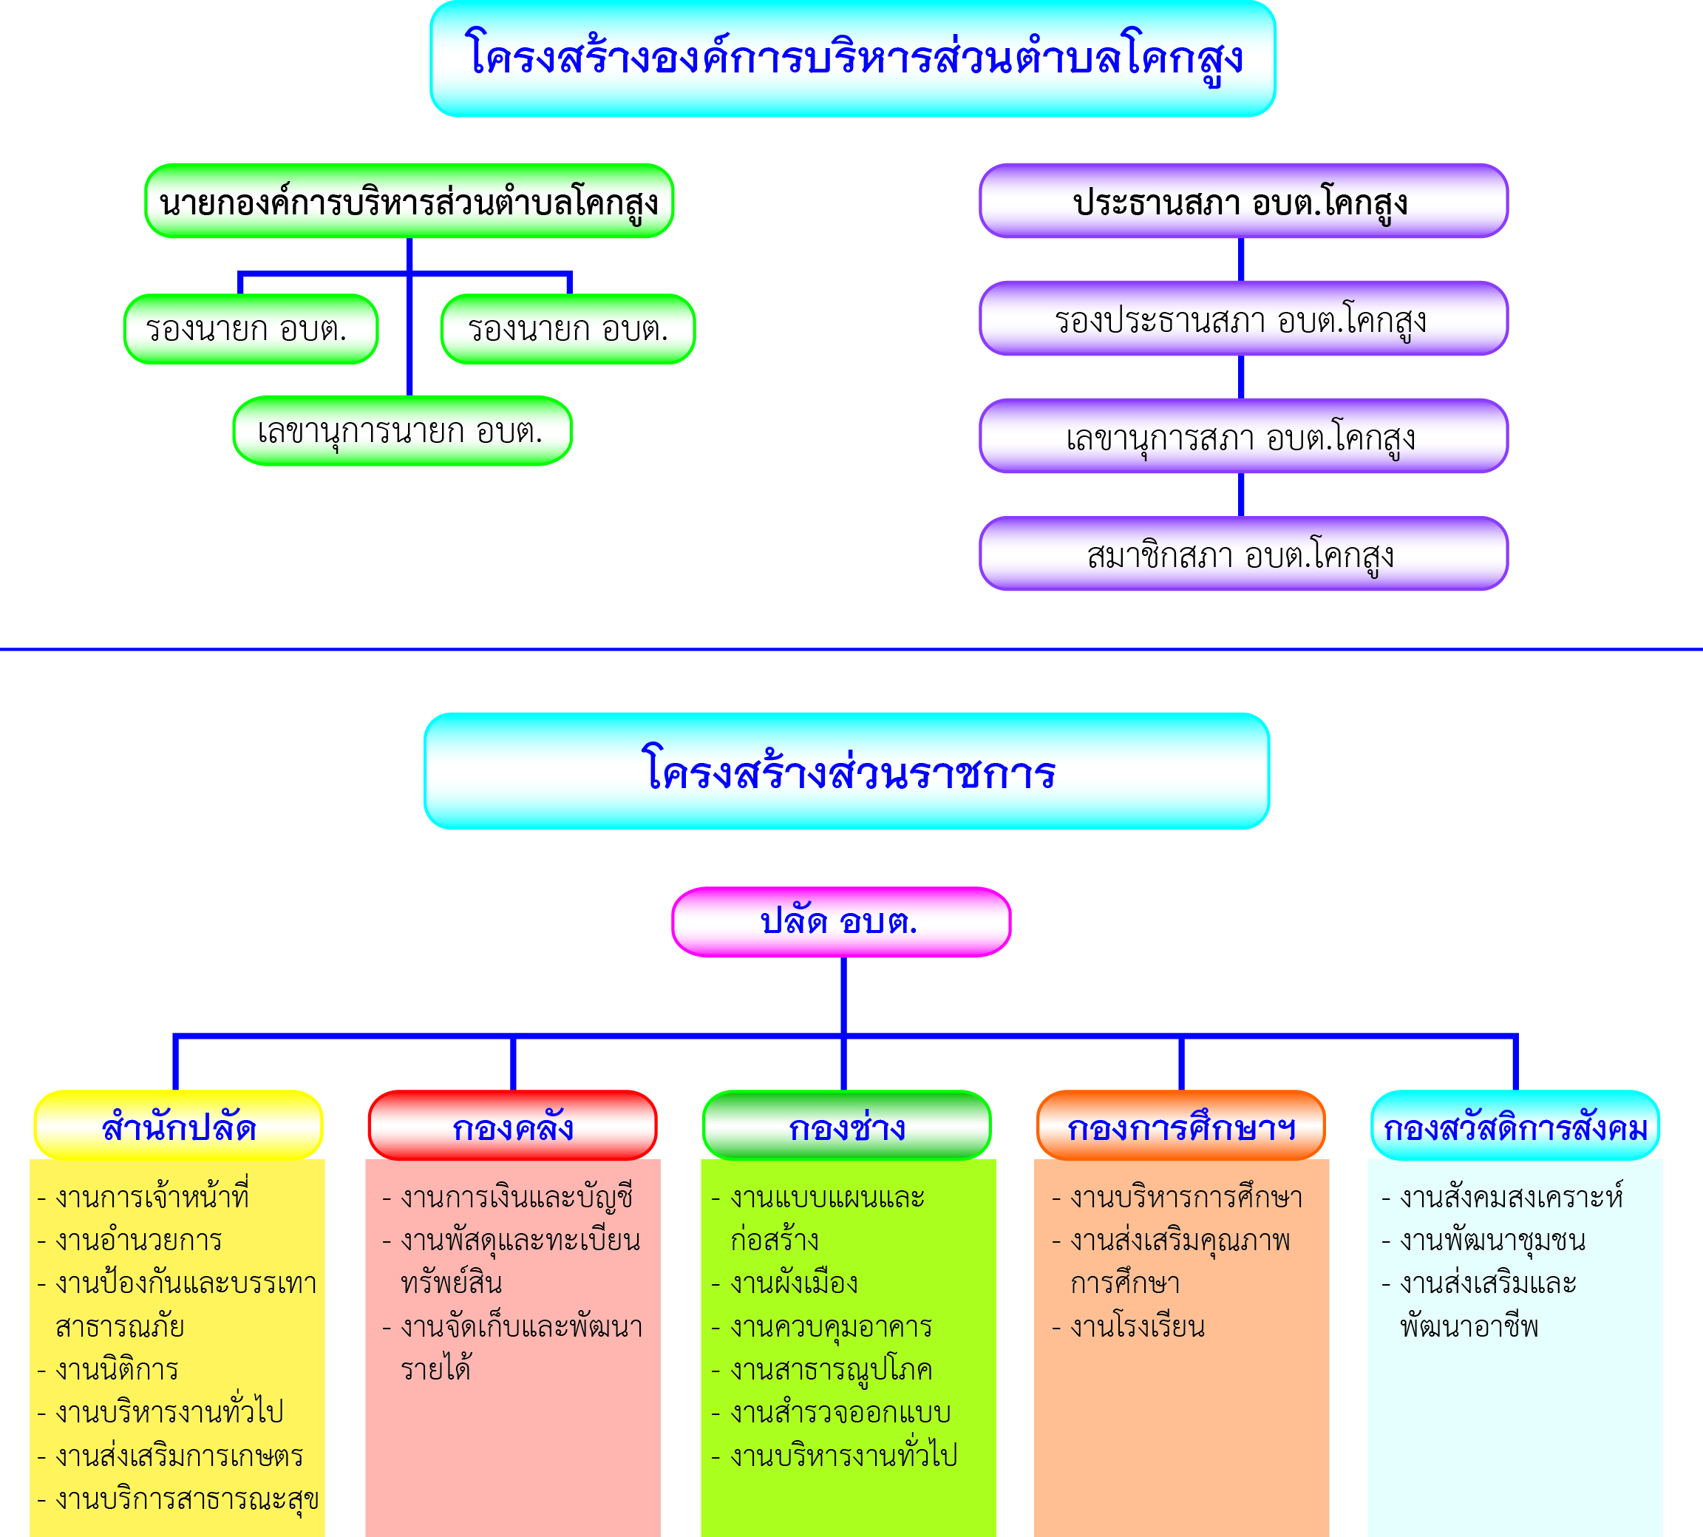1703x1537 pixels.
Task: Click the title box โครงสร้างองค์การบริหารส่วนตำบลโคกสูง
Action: point(853,58)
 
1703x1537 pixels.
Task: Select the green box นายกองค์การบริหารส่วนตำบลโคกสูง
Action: point(409,201)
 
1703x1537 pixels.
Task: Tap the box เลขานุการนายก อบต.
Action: point(403,431)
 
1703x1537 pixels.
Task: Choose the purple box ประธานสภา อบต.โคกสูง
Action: point(1244,201)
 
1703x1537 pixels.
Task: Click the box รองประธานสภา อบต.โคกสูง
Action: point(1244,319)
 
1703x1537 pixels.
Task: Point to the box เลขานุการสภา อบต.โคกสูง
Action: point(1244,435)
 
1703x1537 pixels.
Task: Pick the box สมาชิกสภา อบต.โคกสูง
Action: point(1244,553)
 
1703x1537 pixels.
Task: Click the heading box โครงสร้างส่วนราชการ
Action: point(847,771)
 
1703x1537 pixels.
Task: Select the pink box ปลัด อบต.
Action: point(842,922)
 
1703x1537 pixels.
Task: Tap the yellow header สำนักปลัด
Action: point(178,1126)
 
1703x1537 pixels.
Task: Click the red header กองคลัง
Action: point(512,1126)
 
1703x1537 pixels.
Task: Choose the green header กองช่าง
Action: point(847,1126)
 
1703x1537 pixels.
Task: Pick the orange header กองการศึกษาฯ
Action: point(1181,1126)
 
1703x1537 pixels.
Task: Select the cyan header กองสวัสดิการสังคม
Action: point(1515,1126)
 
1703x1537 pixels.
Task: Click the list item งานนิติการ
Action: point(108,1369)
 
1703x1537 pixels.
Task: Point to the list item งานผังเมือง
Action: point(785,1283)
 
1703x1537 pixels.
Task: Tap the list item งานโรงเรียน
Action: point(1128,1326)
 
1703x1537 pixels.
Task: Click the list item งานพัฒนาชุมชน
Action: point(1483,1241)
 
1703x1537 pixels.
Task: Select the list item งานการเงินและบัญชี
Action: point(508,1197)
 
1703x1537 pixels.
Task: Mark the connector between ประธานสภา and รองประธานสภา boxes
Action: point(1240,260)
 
